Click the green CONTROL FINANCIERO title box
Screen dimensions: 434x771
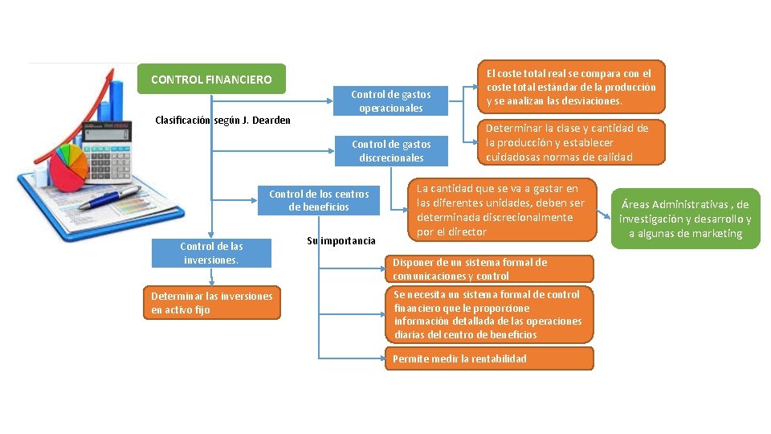tap(211, 80)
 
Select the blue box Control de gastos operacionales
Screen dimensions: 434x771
tap(391, 101)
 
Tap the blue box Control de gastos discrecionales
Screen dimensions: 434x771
tap(391, 151)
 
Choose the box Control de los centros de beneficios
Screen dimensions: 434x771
tap(319, 201)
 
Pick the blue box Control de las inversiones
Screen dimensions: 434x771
tap(211, 253)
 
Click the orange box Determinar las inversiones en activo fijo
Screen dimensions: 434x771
tap(212, 303)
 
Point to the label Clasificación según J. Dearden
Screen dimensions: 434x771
tap(222, 121)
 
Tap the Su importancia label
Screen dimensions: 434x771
tap(341, 241)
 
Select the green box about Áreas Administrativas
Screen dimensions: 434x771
tap(685, 219)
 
